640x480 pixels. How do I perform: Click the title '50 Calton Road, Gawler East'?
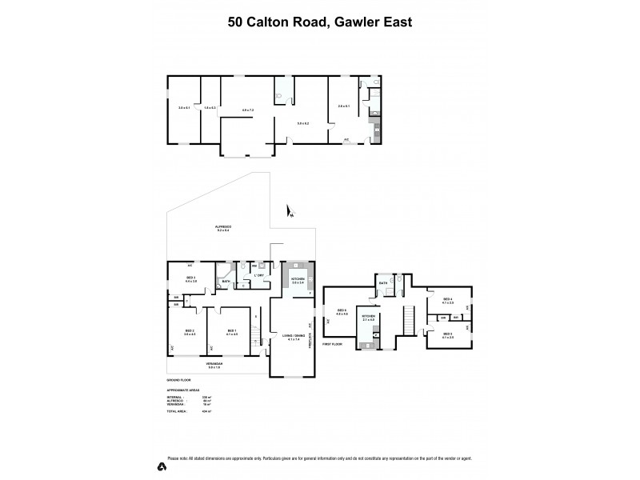[x=320, y=22]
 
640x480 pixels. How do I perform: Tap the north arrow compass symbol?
[x=290, y=211]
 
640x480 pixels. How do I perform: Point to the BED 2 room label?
[x=190, y=332]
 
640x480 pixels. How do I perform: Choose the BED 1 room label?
[x=231, y=332]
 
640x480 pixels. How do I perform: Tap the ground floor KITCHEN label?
[x=298, y=281]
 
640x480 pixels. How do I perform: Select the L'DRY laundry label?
[x=259, y=276]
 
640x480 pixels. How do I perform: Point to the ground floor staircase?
[x=256, y=328]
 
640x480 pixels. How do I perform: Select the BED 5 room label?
[x=448, y=335]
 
